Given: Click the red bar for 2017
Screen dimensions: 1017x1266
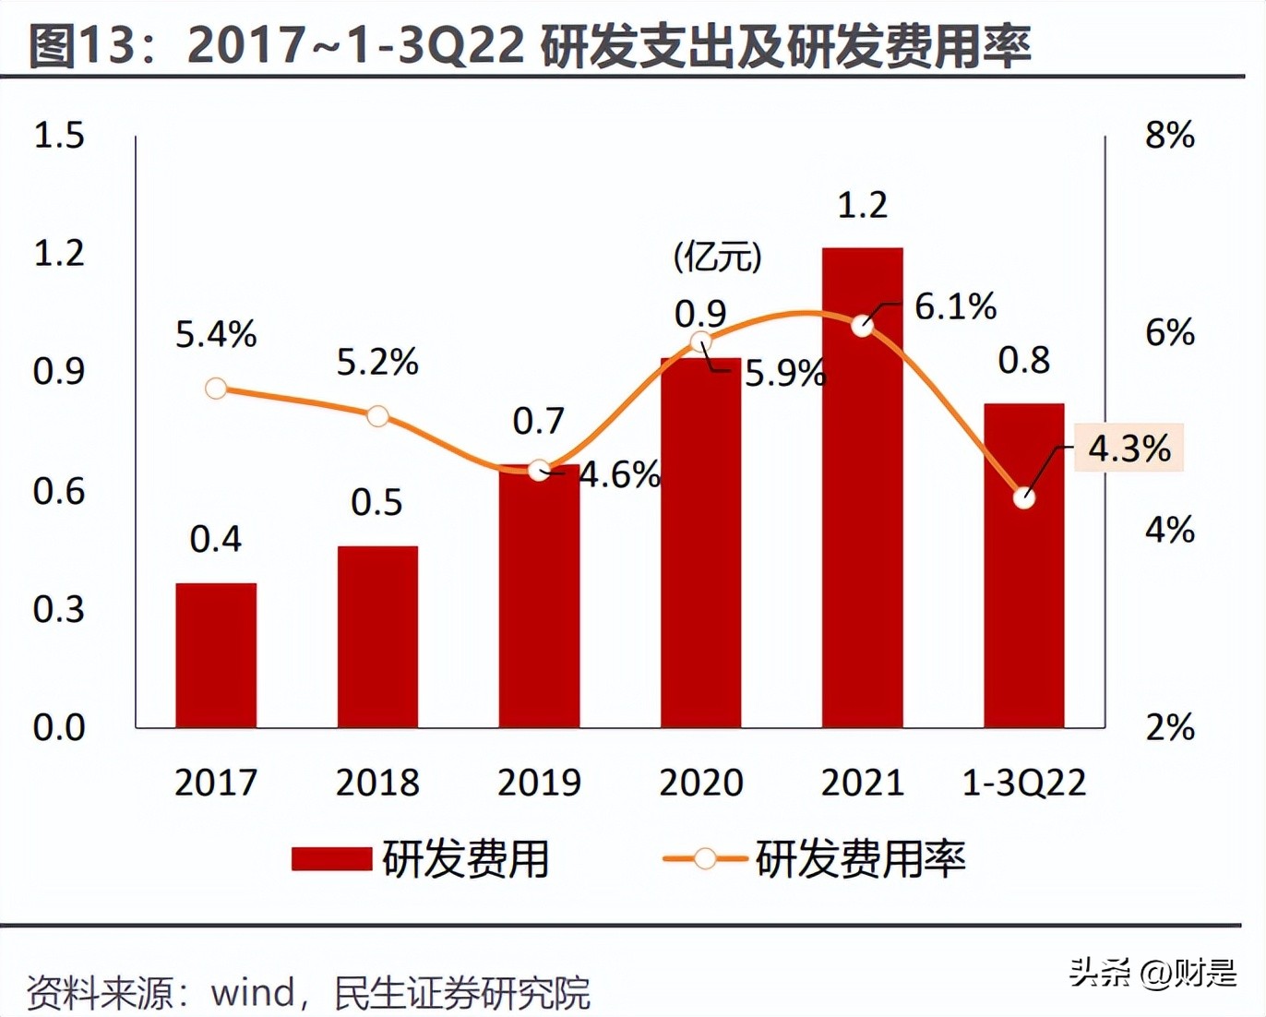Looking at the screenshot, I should [x=216, y=655].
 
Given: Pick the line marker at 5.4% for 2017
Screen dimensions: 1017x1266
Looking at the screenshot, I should [x=216, y=389].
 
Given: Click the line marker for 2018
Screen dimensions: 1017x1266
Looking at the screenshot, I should [x=377, y=416].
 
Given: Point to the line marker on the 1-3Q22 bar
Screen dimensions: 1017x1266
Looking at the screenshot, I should [x=1023, y=498].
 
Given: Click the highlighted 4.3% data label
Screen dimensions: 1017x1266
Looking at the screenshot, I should [x=1129, y=449].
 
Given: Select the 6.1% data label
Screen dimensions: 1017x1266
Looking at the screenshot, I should [x=955, y=306].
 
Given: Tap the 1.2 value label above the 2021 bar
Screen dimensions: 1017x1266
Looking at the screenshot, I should [x=862, y=205].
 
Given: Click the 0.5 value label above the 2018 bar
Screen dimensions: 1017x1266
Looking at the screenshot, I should [x=376, y=502].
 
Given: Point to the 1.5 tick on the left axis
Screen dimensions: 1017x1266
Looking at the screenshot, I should [x=58, y=136].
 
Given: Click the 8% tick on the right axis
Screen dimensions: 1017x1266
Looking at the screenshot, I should [x=1169, y=136].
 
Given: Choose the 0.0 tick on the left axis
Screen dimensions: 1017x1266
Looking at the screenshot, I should [x=58, y=727].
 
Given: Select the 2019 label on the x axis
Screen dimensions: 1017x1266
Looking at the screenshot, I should [x=539, y=783].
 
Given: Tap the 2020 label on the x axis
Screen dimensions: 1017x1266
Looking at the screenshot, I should [x=700, y=783].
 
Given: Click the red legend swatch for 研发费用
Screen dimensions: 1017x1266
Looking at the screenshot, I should [x=331, y=859].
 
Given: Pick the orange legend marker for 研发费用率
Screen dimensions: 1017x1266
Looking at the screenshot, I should [x=704, y=859].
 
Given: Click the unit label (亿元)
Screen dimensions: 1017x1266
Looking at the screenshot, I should [x=717, y=257].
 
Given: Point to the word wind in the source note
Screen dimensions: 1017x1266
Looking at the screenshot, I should [x=252, y=993].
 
